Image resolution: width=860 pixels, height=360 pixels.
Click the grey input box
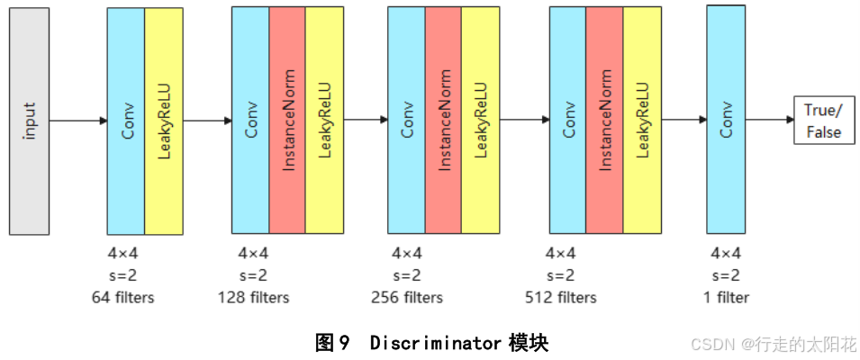[30, 120]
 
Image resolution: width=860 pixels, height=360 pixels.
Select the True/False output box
[822, 121]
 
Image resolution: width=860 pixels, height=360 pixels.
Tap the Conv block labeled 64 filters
[125, 121]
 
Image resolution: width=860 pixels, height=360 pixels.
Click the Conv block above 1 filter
[726, 120]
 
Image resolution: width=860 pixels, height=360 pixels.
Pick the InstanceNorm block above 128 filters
[286, 121]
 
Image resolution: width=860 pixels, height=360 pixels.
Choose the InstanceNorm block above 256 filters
[443, 121]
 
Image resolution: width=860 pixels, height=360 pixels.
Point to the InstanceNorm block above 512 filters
[604, 121]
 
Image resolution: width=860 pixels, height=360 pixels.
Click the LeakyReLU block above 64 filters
[163, 121]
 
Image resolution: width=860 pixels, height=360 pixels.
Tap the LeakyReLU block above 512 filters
[641, 121]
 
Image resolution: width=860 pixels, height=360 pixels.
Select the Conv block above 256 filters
[406, 121]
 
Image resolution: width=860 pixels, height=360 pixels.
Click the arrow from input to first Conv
[78, 120]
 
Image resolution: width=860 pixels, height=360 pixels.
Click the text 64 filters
[122, 297]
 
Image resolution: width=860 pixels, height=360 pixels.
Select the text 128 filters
[253, 297]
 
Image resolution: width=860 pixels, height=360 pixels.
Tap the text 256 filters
[407, 297]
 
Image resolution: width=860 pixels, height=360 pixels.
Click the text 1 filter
[726, 297]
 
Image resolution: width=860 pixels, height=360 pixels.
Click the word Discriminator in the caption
[434, 343]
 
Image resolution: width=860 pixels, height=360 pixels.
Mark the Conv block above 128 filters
[249, 121]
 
